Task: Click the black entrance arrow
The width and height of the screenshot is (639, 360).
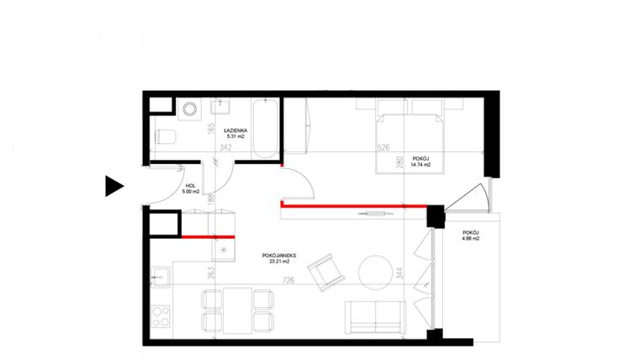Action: point(114,186)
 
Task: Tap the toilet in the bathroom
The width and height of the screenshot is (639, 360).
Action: point(166,140)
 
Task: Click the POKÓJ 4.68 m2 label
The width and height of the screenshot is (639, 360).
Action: point(470,236)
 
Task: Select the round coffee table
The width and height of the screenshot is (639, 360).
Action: point(376,272)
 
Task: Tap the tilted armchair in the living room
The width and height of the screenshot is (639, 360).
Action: point(325,273)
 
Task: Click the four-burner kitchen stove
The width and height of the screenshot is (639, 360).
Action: point(159,317)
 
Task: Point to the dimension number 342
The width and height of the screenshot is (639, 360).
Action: point(225,147)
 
